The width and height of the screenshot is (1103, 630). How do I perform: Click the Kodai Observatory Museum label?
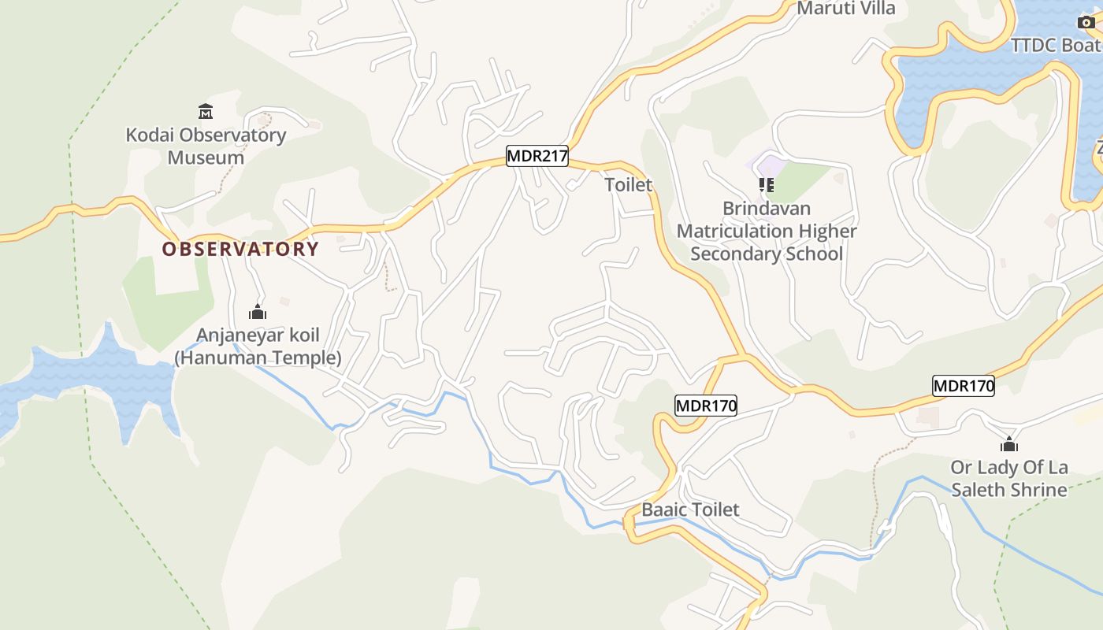pos(206,146)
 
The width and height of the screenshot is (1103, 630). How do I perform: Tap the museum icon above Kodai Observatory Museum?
pos(206,111)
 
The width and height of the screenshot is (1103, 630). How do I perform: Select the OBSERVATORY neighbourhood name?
pos(240,250)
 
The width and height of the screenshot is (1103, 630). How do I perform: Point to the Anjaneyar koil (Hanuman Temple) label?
pos(258,346)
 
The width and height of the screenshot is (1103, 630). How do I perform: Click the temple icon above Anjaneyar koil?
pos(258,313)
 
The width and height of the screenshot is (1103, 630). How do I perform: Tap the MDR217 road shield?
pos(537,156)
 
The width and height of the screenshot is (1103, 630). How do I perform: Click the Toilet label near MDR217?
pos(629,185)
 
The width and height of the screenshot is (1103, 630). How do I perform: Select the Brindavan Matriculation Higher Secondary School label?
pos(767,232)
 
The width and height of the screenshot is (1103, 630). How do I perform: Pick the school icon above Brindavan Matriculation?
pos(766,185)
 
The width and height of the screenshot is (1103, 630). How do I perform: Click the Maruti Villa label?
pos(846,9)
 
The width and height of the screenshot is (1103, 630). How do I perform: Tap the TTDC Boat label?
pos(1056,45)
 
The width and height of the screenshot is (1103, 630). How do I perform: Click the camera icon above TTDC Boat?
pos(1086,22)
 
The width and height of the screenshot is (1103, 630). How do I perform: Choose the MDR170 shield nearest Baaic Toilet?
pos(706,406)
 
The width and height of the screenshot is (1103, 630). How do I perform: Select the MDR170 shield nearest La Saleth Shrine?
pos(963,386)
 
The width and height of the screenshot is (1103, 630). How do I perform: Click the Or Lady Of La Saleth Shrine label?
pos(1009,479)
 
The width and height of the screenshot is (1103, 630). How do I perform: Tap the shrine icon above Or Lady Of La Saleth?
pos(1009,445)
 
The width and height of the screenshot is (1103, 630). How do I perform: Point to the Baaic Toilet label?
pos(690,510)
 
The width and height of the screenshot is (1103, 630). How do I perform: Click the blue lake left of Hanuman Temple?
pos(95,378)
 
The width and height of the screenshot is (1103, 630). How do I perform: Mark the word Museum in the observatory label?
pos(206,157)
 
